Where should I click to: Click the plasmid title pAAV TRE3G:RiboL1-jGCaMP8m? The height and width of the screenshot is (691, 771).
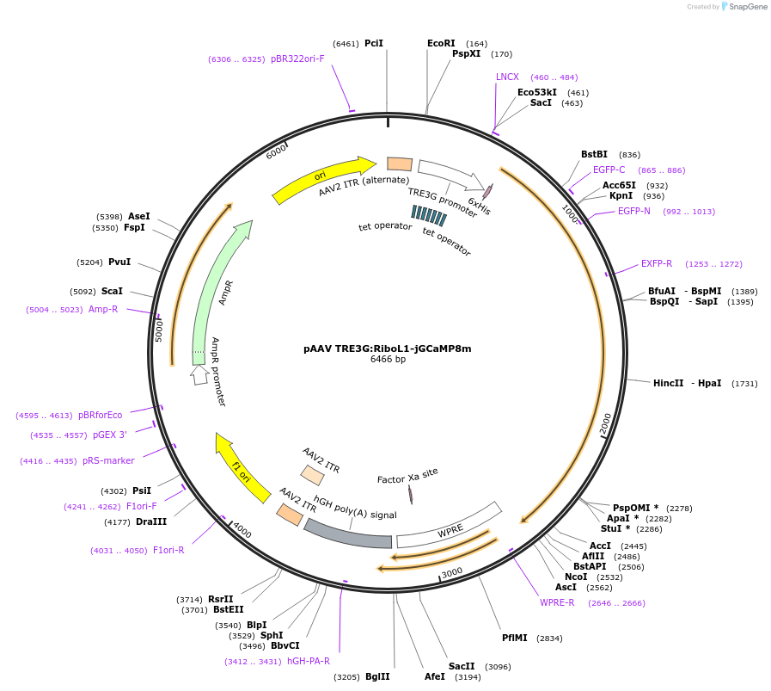pos(388,349)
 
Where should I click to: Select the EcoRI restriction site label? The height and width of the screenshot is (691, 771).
pos(441,43)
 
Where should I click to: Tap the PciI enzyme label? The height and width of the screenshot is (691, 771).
pos(374,43)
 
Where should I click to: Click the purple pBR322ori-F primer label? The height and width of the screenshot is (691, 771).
pos(297,59)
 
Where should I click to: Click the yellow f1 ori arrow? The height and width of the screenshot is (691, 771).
pos(241,468)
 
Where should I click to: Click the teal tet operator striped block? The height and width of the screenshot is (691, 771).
pos(429,216)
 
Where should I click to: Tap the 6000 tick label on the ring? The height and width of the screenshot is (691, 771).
pos(275,151)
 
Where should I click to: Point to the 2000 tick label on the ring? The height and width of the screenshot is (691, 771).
pos(605,423)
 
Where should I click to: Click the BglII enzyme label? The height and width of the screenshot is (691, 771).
pos(377,676)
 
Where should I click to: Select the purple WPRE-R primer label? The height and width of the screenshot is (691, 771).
pos(557,603)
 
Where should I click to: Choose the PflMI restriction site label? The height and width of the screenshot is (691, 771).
pos(514,638)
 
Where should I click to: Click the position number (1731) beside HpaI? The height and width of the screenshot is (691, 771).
pos(744,384)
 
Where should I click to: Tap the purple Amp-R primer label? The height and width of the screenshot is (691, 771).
pos(103,309)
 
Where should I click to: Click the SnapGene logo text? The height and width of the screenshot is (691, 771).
pos(747,6)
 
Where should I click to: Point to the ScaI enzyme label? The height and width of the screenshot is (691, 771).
pos(112,291)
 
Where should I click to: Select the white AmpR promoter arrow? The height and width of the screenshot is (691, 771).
pos(199,375)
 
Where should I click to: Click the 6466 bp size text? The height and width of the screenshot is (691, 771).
pos(388,360)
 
